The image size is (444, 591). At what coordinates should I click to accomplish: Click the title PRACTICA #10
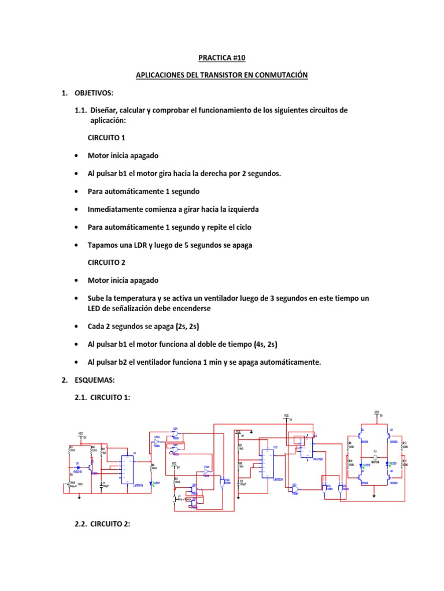point(221,58)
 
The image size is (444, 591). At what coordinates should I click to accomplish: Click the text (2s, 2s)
point(182,327)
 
